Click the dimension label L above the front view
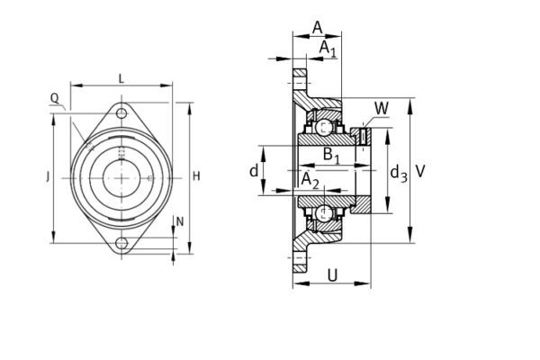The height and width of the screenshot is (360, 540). click(121, 80)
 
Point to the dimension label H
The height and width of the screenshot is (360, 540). click(196, 175)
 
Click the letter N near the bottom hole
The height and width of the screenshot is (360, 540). click(179, 221)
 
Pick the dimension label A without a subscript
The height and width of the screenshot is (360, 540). click(317, 27)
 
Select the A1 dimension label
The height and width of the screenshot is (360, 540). click(328, 49)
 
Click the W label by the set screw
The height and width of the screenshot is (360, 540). click(382, 109)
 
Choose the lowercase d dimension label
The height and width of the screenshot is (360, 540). click(255, 170)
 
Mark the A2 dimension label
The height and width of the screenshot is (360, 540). click(310, 181)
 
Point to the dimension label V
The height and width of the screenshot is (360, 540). click(421, 170)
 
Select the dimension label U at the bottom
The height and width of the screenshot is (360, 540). click(333, 275)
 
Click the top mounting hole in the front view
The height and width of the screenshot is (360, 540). click(121, 113)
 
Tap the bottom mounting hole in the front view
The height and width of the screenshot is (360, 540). click(121, 243)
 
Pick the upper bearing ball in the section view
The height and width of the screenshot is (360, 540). click(322, 126)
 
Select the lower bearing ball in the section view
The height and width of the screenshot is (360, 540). click(322, 212)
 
